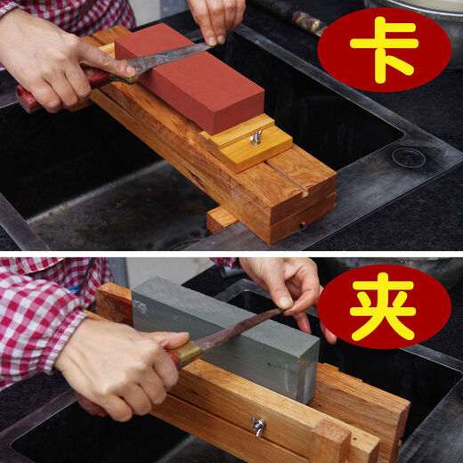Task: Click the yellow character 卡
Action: tap(384, 49)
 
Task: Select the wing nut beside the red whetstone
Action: tap(256, 136)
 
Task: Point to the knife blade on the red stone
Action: tap(169, 60)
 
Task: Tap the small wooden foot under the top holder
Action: tap(221, 217)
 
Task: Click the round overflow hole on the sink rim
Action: tap(409, 158)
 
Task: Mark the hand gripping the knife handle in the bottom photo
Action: tap(120, 365)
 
